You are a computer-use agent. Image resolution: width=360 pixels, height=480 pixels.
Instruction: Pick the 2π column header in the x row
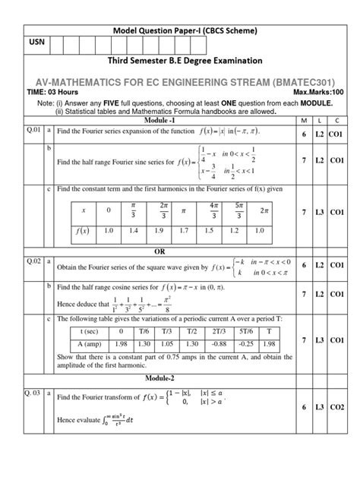pos(264,209)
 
